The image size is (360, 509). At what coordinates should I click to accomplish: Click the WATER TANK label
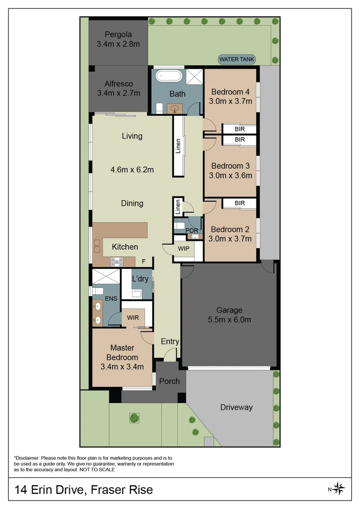(x=237, y=59)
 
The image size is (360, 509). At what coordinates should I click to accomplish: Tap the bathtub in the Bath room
(x=169, y=76)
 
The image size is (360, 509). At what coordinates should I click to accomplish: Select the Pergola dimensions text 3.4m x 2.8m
(x=118, y=44)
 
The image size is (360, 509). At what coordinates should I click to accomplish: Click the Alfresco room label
(x=118, y=84)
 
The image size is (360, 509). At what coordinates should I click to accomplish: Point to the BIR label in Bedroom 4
(x=239, y=129)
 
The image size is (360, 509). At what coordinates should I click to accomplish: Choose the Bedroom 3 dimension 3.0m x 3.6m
(x=230, y=176)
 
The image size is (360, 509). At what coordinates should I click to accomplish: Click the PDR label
(x=191, y=230)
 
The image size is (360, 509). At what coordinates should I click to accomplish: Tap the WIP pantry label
(x=183, y=249)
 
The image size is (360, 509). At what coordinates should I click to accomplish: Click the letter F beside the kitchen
(x=143, y=261)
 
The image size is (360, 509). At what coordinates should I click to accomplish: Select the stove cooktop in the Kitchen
(x=117, y=262)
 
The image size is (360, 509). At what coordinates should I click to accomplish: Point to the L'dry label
(x=140, y=279)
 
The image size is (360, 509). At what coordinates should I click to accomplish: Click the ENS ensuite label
(x=111, y=298)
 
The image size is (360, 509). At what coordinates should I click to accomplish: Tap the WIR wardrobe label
(x=133, y=318)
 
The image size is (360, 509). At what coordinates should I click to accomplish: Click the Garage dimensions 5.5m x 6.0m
(x=229, y=320)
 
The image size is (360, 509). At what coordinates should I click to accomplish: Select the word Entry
(x=170, y=342)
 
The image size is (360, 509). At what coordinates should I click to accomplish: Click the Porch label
(x=170, y=381)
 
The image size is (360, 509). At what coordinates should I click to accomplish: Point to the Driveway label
(x=237, y=407)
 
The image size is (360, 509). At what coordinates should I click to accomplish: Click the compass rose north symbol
(x=339, y=489)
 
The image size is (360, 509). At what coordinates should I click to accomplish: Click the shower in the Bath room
(x=194, y=77)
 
